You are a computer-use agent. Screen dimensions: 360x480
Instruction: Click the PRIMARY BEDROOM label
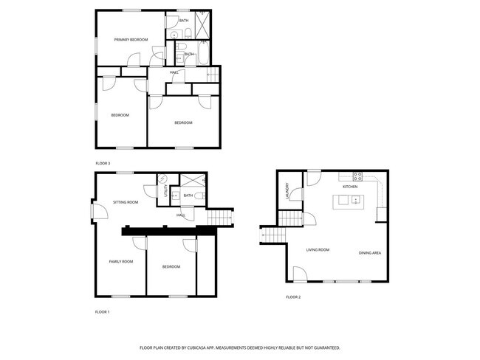click(131, 39)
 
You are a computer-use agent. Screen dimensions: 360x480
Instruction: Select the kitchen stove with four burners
click(357, 176)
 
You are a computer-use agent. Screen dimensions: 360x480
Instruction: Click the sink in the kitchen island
click(355, 199)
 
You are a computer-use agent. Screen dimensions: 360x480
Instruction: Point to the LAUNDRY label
click(287, 191)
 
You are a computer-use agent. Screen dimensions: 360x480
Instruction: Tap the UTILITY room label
click(165, 191)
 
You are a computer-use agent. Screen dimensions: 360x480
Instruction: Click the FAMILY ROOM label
click(121, 261)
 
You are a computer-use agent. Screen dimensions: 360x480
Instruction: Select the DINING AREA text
click(370, 253)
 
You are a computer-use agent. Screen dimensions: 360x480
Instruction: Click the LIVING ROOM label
click(318, 250)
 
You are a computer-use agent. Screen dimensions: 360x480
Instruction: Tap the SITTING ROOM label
click(126, 201)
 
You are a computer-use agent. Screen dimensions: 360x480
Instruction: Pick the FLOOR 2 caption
click(293, 297)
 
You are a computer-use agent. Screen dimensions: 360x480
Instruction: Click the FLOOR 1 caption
click(102, 311)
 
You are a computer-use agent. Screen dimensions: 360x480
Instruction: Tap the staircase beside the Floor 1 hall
click(220, 218)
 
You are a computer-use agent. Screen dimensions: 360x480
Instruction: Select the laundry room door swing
click(297, 194)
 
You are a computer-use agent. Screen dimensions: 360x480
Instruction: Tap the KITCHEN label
click(350, 187)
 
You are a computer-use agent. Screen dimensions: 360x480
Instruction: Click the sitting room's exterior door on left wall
click(94, 212)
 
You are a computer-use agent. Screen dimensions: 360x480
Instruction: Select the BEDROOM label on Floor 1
click(171, 266)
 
